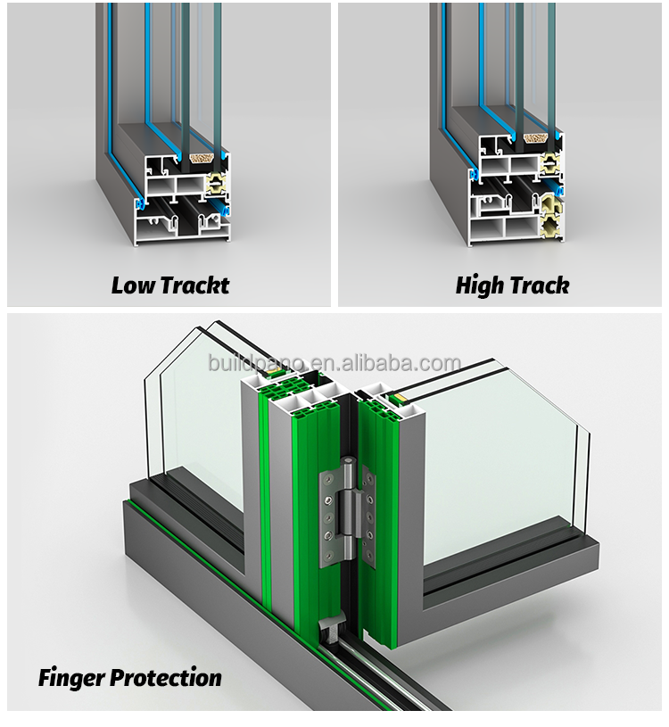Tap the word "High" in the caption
click(475, 285)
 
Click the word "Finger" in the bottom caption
click(71, 678)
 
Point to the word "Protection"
click(166, 678)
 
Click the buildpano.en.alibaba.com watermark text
click(334, 362)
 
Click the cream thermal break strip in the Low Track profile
click(216, 183)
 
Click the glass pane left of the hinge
click(199, 417)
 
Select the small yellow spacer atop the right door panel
click(398, 397)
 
